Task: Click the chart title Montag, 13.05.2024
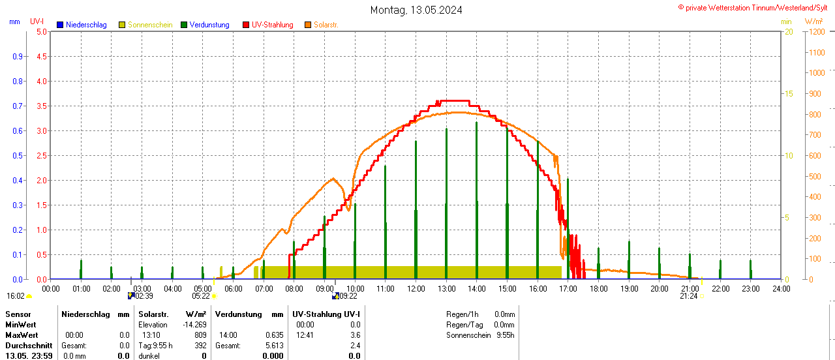(x=416, y=10)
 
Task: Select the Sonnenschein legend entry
(x=149, y=25)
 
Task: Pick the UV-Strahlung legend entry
(x=272, y=25)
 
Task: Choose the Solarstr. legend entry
(x=326, y=25)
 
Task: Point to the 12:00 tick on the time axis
(x=416, y=288)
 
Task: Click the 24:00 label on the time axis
(x=781, y=288)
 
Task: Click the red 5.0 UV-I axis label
(x=41, y=31)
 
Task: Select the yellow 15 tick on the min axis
(x=789, y=94)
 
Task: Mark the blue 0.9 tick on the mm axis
(x=18, y=57)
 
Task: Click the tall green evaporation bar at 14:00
(x=477, y=196)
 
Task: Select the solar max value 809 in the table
(x=200, y=335)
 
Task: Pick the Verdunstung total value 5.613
(x=275, y=346)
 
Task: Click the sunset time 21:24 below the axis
(x=688, y=296)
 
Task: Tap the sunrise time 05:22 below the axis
(x=201, y=296)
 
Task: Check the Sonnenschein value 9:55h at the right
(x=506, y=335)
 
